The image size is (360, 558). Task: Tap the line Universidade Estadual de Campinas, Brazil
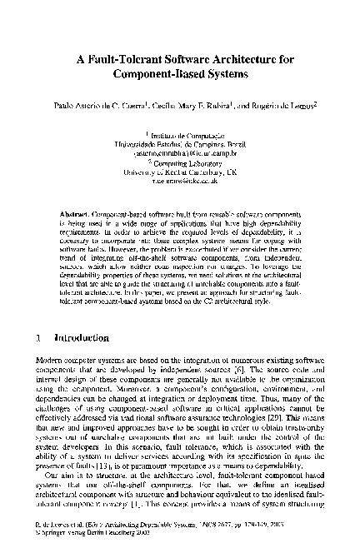[179, 143]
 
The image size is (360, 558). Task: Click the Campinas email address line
[179, 153]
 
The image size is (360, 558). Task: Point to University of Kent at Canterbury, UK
[179, 173]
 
